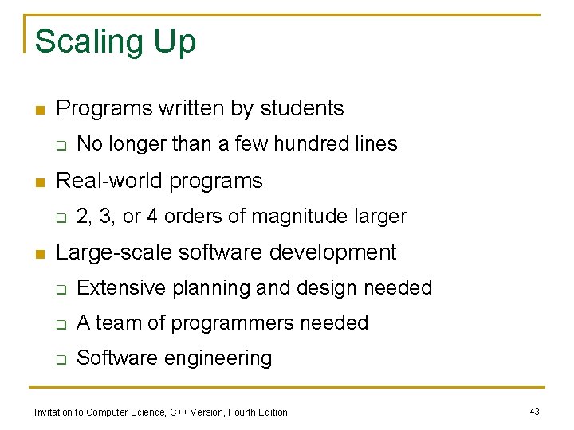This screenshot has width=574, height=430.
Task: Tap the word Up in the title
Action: tap(175, 41)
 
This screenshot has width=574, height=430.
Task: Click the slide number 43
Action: tap(534, 411)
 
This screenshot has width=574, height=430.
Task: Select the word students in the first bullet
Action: tap(300, 108)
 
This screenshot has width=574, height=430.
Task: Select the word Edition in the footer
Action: tap(272, 412)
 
